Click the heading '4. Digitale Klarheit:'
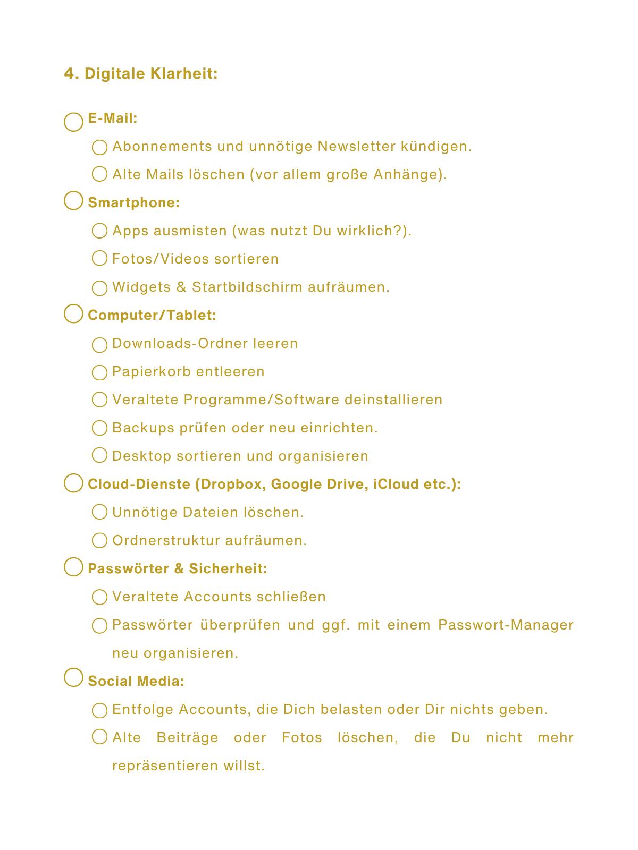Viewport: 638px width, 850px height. [141, 73]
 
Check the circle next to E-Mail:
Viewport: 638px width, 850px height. [73, 122]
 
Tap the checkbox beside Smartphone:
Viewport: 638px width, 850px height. [73, 201]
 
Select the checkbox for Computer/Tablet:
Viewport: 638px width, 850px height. [73, 313]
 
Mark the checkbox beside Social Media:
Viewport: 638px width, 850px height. [73, 677]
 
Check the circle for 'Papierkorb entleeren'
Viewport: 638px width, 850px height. [99, 372]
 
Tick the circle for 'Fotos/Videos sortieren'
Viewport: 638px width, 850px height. [99, 259]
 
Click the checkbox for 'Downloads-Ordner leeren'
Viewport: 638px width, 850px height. [99, 345]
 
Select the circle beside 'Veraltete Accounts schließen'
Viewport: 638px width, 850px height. [99, 597]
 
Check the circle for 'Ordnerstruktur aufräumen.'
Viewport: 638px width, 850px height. [99, 541]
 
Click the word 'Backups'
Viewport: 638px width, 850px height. [144, 428]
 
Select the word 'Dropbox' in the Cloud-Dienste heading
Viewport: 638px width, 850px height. [232, 484]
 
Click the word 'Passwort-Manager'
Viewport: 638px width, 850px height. [506, 625]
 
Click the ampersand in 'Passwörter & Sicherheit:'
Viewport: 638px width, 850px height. [179, 569]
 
